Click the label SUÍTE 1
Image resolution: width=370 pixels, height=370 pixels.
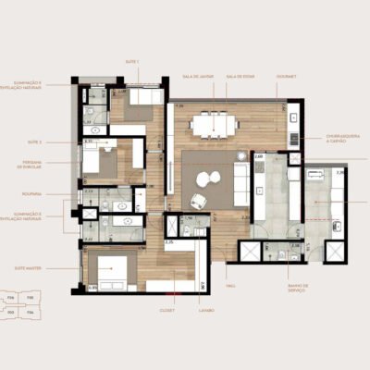[x=132, y=61]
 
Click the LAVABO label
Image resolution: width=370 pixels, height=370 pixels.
[x=204, y=309]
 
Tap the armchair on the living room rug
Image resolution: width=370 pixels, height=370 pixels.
[x=198, y=201]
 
